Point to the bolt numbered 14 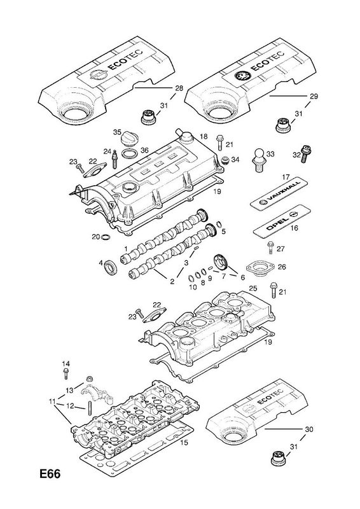pyautogui.click(x=66, y=373)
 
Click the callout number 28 pyautogui.click(x=179, y=88)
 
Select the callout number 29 pyautogui.click(x=314, y=96)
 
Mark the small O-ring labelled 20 pyautogui.click(x=106, y=237)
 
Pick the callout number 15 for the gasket pyautogui.click(x=184, y=442)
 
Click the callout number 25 pyautogui.click(x=253, y=288)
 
